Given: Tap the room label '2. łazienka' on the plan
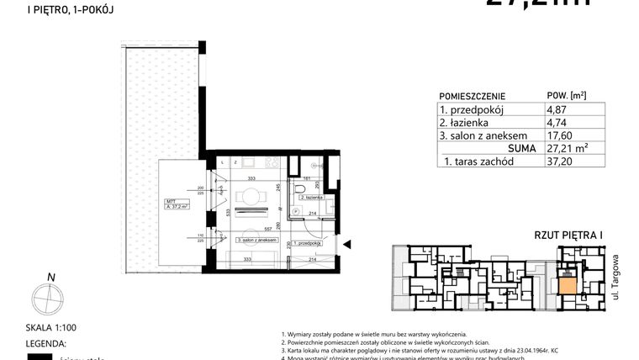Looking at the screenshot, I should [x=308, y=197].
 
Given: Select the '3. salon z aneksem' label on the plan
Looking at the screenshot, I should [x=259, y=241].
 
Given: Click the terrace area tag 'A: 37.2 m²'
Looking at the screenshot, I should [x=177, y=204].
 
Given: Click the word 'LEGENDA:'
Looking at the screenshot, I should [x=24, y=343].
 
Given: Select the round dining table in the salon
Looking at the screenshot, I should [x=250, y=197].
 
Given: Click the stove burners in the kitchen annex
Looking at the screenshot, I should [x=272, y=162].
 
